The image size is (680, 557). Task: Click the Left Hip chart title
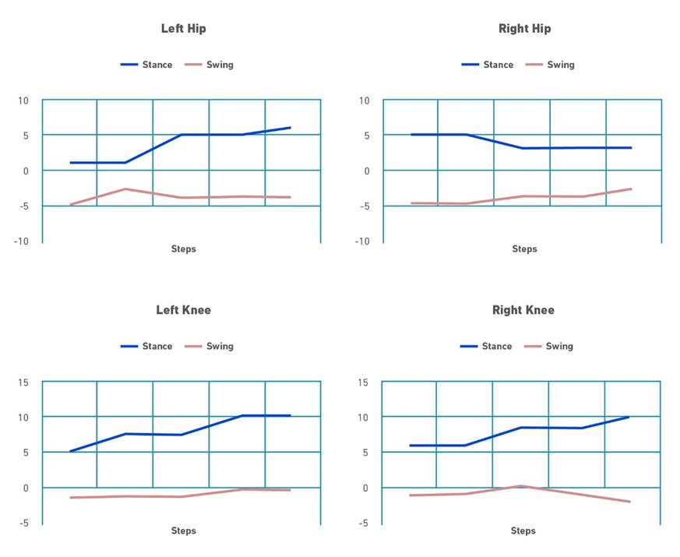(x=183, y=29)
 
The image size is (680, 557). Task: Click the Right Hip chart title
(x=524, y=29)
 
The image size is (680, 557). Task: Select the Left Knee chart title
(x=183, y=310)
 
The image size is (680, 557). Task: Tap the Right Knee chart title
(x=523, y=310)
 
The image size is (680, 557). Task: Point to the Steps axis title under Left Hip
(x=183, y=249)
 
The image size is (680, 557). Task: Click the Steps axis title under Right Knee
(x=523, y=531)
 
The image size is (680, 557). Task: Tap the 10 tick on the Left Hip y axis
(x=23, y=100)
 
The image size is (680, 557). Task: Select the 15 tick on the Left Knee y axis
(x=23, y=382)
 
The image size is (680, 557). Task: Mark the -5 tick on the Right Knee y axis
(x=364, y=523)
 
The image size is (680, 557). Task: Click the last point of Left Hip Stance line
(x=291, y=128)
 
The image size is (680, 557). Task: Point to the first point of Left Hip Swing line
(x=70, y=205)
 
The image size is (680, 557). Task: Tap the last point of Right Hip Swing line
(x=632, y=189)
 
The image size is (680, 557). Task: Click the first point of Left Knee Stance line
(x=70, y=451)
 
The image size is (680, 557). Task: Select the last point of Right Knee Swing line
(x=629, y=502)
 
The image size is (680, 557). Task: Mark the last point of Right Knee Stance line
(x=629, y=417)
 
